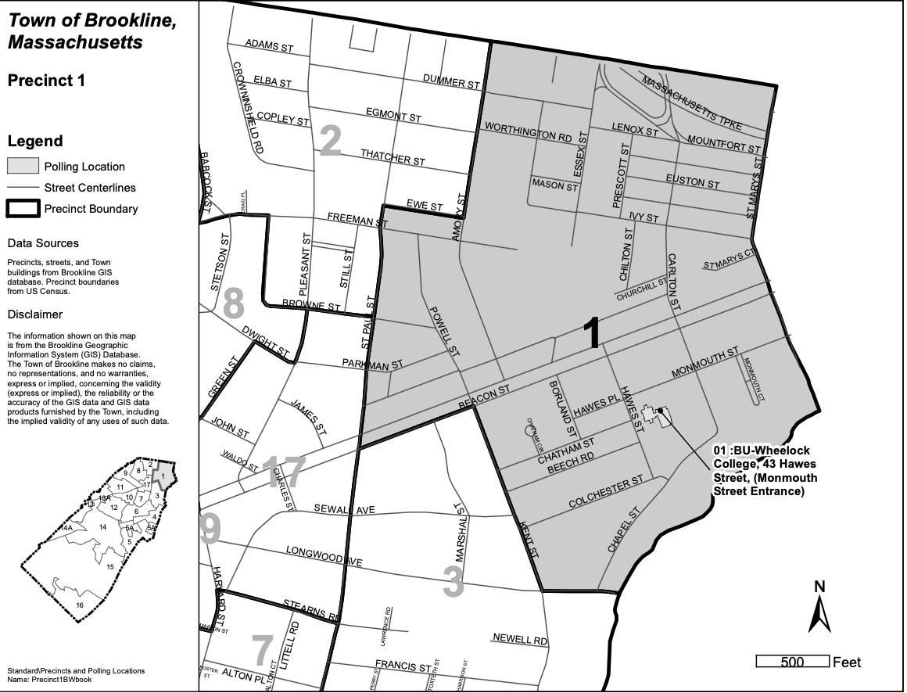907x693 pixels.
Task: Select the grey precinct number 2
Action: (x=330, y=142)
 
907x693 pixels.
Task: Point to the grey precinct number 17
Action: (x=282, y=472)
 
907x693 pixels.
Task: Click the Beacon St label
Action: (x=483, y=395)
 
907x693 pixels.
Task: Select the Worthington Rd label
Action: (x=528, y=131)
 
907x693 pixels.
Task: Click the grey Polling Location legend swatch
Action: (x=23, y=166)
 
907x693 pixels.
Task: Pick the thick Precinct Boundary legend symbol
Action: (x=23, y=209)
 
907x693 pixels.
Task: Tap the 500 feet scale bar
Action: (x=792, y=662)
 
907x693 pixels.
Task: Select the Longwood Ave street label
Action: (x=324, y=556)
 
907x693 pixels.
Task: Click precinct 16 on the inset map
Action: (x=79, y=605)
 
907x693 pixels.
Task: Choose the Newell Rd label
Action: (x=519, y=638)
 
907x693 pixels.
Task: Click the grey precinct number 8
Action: (x=233, y=304)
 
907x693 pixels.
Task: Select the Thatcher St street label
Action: (x=393, y=158)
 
